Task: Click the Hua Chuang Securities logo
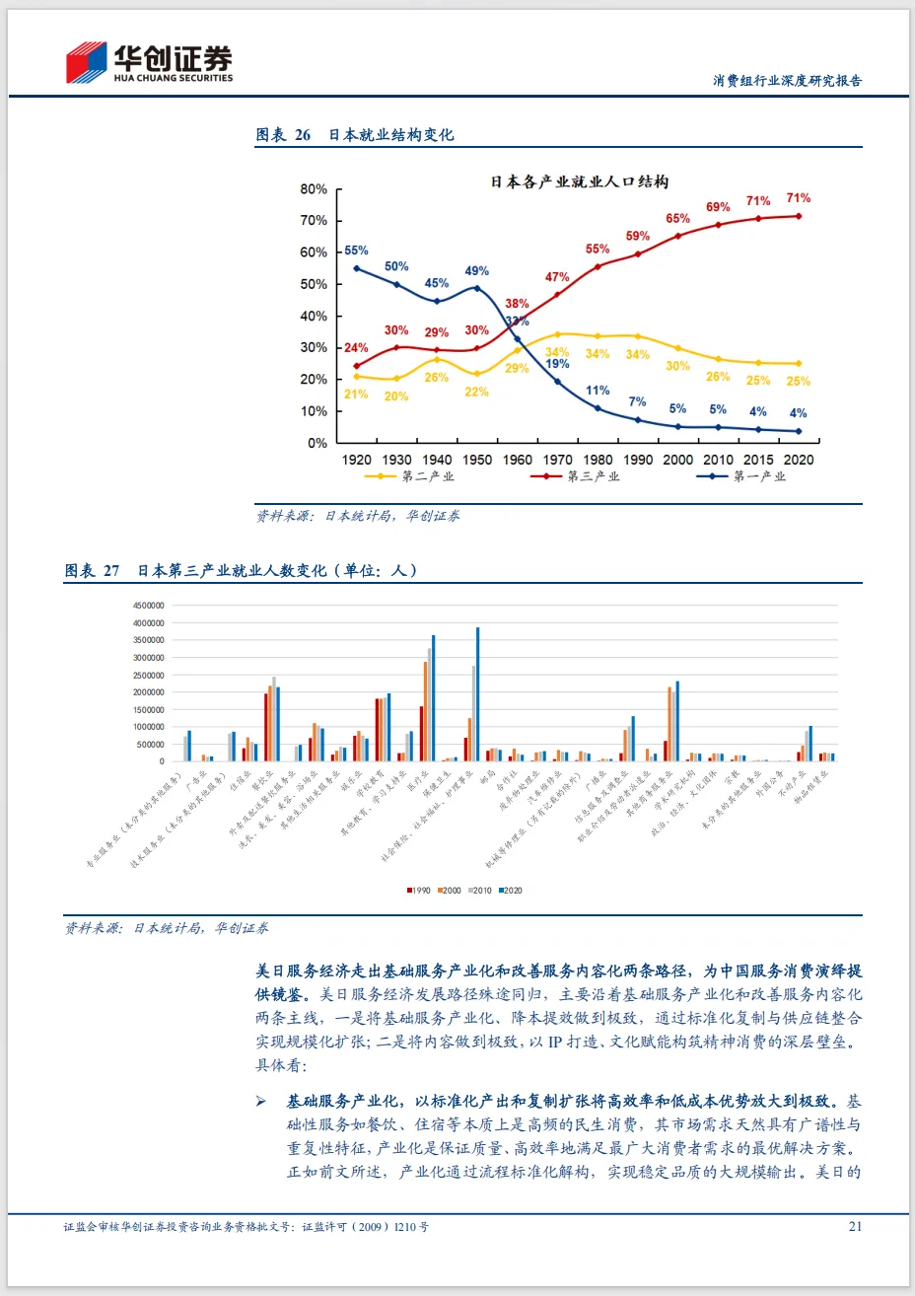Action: (x=149, y=63)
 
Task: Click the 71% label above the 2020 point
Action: (x=799, y=198)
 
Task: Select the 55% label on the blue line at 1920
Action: (x=356, y=251)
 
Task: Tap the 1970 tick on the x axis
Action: (x=557, y=460)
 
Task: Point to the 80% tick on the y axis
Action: (x=314, y=189)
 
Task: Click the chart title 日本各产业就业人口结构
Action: (x=580, y=181)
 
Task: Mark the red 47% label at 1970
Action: (x=557, y=277)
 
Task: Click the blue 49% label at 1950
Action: (x=476, y=270)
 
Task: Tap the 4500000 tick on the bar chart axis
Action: (x=148, y=606)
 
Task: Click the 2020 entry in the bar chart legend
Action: (x=511, y=891)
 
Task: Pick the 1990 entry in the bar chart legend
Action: (x=419, y=891)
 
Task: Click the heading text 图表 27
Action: (x=92, y=571)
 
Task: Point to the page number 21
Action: (x=855, y=1226)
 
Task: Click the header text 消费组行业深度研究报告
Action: (x=787, y=81)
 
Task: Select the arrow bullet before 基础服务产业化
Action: (x=261, y=1101)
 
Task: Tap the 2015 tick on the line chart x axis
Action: (x=758, y=460)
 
